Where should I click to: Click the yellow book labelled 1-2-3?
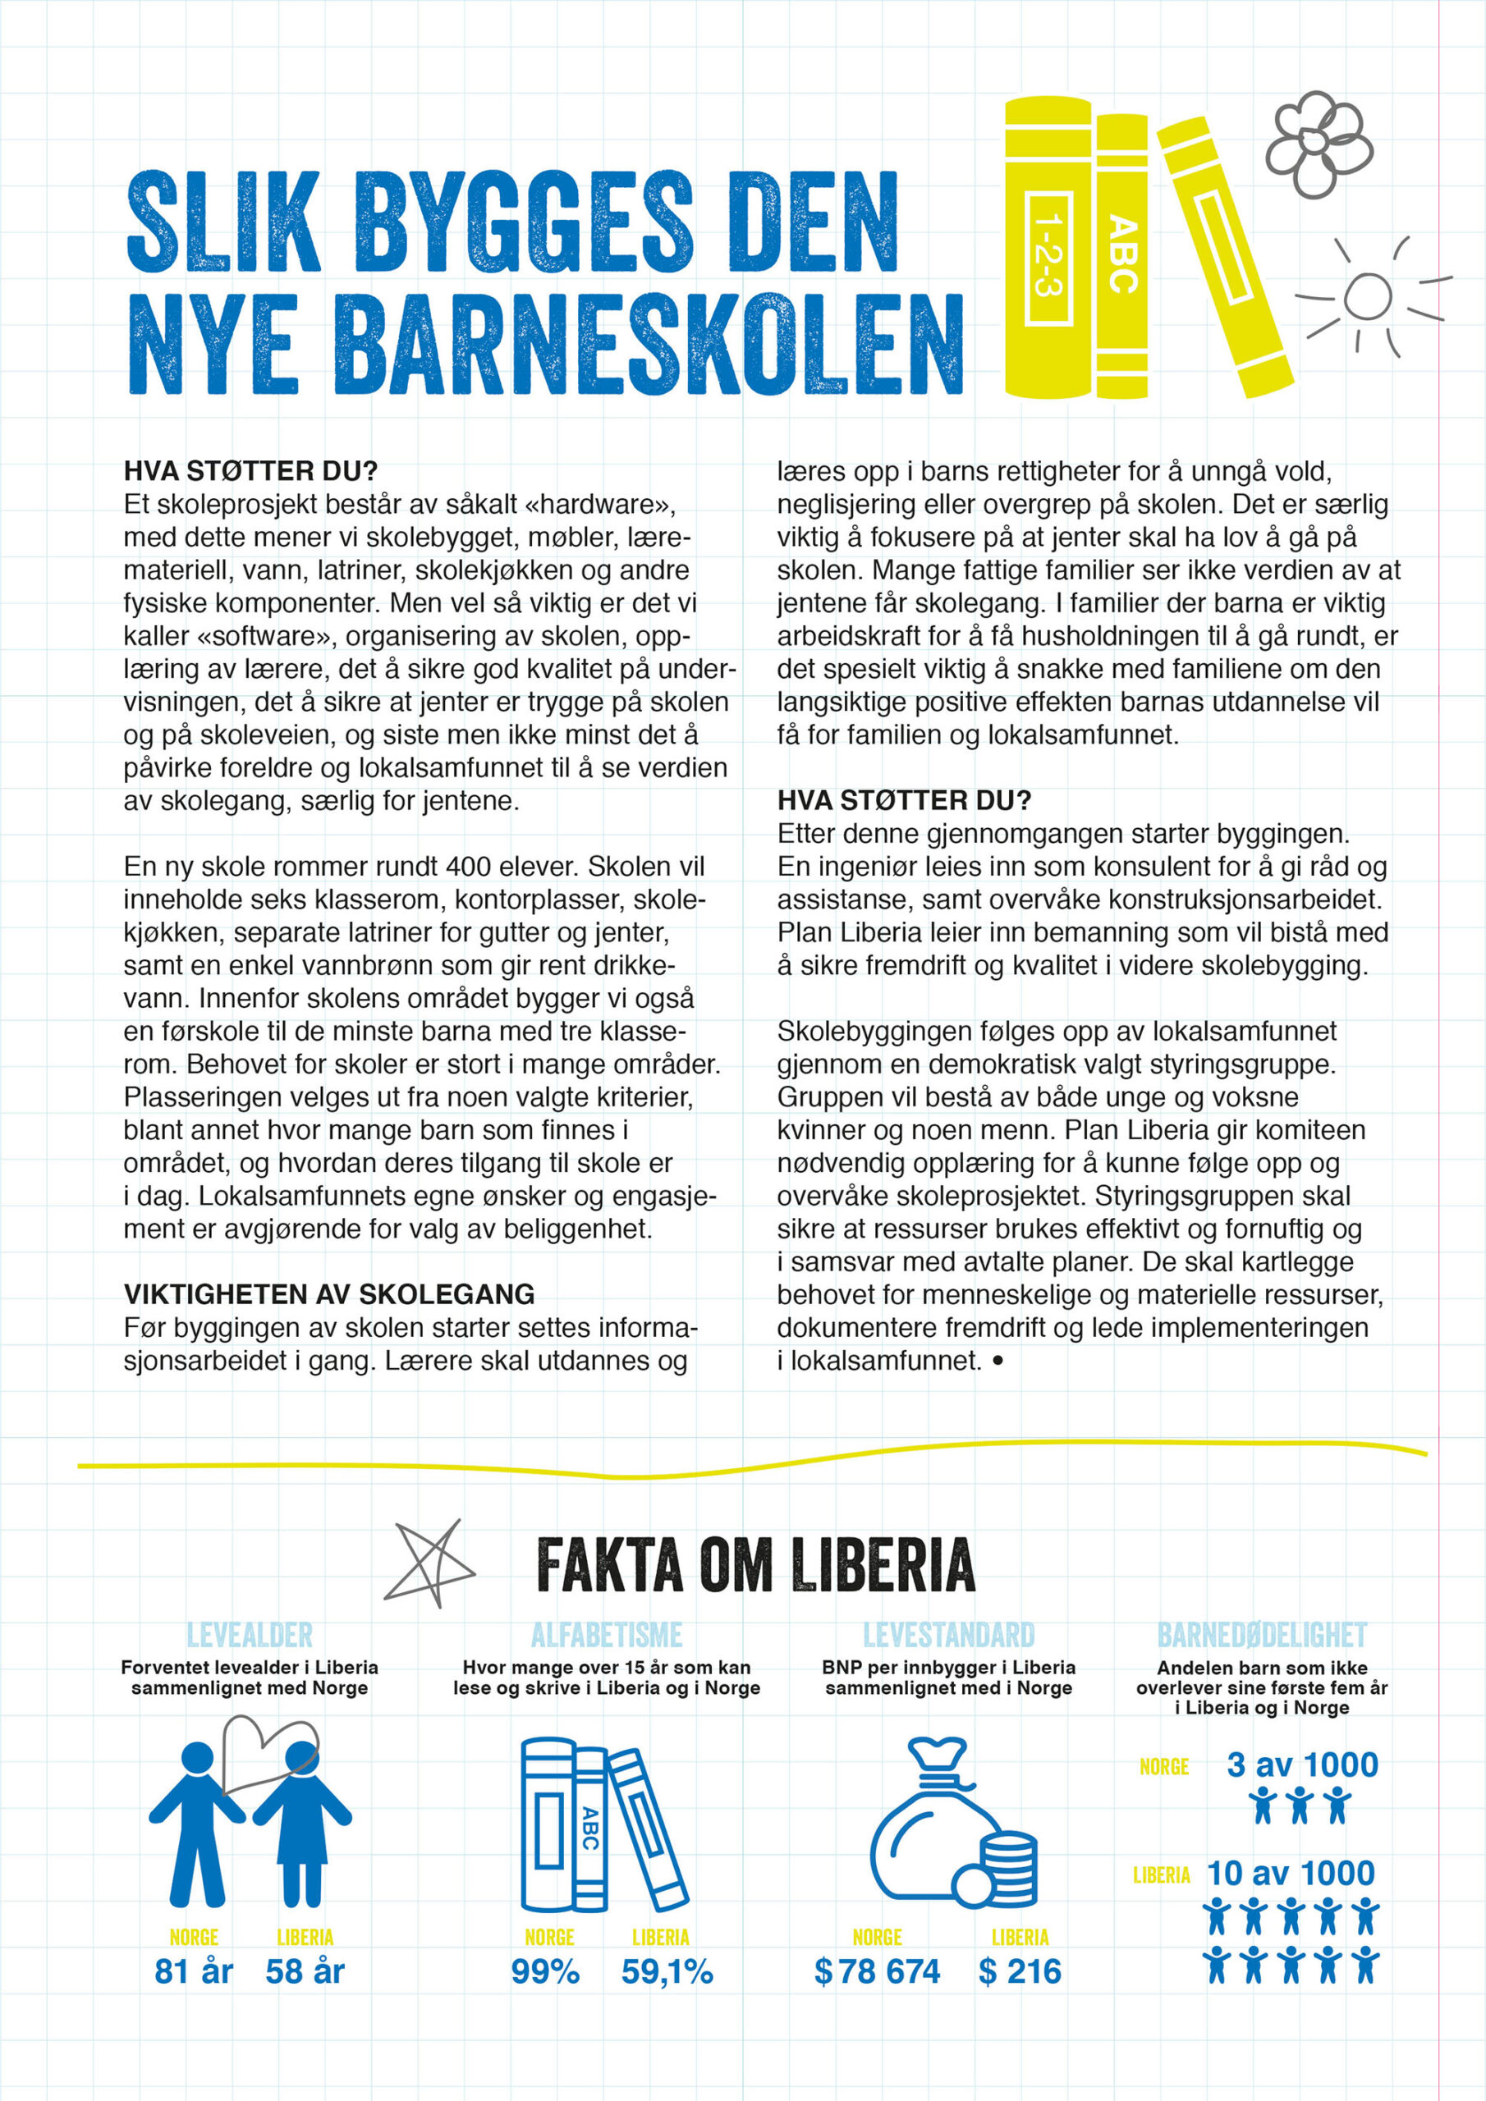(1048, 249)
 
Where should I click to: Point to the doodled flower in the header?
(1318, 144)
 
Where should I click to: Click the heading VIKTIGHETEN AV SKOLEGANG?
(328, 1294)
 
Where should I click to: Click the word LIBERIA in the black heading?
(883, 1566)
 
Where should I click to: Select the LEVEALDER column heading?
(249, 1635)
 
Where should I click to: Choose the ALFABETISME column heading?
(606, 1635)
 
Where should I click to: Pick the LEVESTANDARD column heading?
(948, 1635)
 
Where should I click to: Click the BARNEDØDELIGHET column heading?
(1262, 1635)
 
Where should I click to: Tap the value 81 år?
(193, 1971)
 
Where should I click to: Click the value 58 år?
(305, 1971)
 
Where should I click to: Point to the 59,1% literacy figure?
(667, 1972)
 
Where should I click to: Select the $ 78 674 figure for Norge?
(877, 1972)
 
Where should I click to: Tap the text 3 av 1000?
(1302, 1765)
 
